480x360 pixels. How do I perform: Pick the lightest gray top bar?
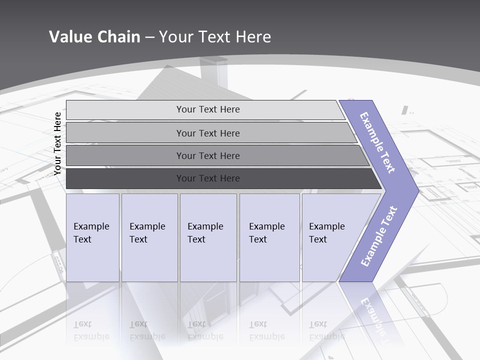pyautogui.click(x=202, y=109)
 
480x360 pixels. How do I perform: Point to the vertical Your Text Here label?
pyautogui.click(x=57, y=143)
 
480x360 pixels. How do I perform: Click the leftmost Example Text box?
pyautogui.click(x=92, y=237)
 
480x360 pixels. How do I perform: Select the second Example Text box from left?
pyautogui.click(x=149, y=237)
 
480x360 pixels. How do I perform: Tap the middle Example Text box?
pyautogui.click(x=208, y=237)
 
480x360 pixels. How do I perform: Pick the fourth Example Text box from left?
pyautogui.click(x=269, y=237)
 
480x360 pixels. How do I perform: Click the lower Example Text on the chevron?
pyautogui.click(x=378, y=236)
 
